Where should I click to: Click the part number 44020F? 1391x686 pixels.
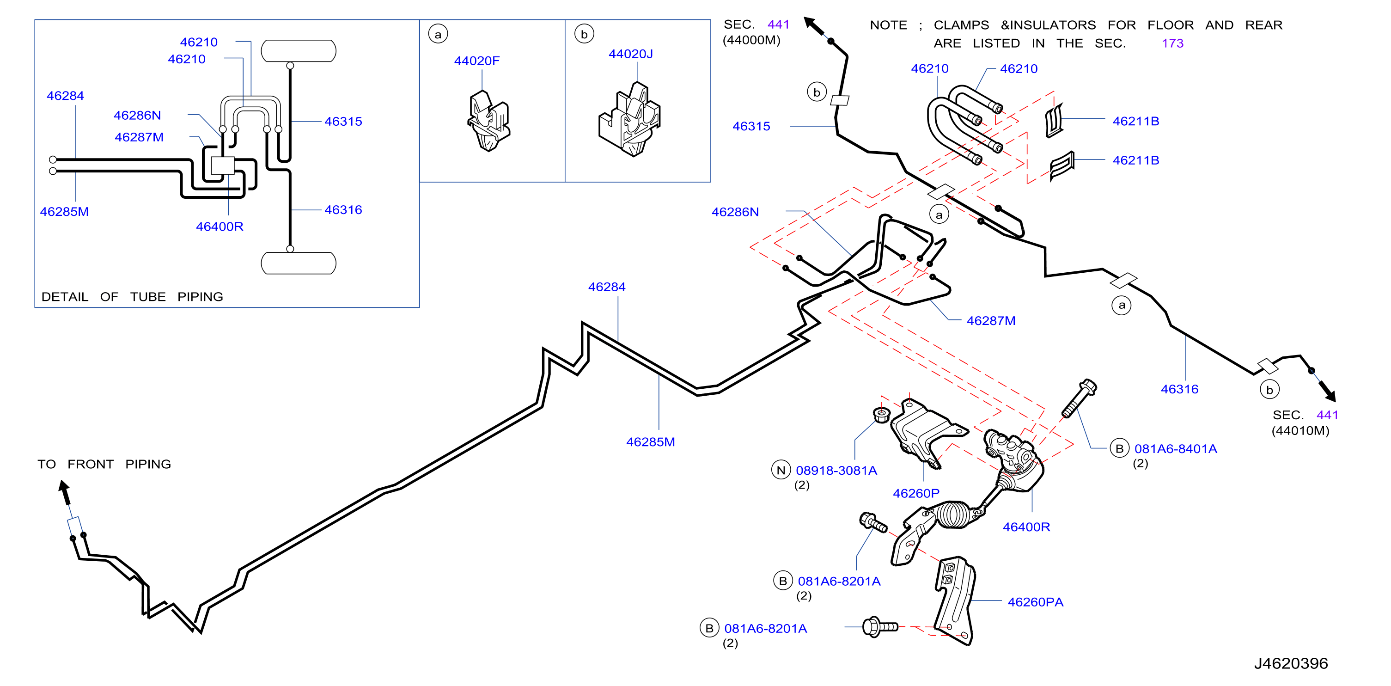[476, 61]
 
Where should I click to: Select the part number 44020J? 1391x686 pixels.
[630, 54]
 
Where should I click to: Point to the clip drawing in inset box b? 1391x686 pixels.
[629, 119]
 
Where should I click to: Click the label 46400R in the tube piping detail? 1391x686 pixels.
[219, 227]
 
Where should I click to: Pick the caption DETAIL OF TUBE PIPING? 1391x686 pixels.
[132, 297]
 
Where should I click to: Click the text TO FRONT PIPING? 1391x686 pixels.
[104, 464]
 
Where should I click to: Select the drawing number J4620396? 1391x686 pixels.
[1291, 663]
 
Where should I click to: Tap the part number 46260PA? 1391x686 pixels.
[1035, 602]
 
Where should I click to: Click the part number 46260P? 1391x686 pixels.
[916, 493]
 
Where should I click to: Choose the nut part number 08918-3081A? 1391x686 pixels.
[836, 471]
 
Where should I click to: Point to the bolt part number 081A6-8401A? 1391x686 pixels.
[1176, 449]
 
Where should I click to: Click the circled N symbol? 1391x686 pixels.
[781, 470]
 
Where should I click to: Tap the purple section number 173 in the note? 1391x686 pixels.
[1172, 43]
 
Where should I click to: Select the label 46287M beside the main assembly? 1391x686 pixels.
[991, 321]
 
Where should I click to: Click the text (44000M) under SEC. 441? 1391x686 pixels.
[751, 40]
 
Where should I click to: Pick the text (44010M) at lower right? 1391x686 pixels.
[1300, 430]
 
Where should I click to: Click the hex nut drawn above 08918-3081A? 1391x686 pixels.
[881, 415]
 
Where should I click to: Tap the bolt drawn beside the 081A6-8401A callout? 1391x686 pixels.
[1078, 398]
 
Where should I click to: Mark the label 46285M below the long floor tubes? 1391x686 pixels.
[650, 442]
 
